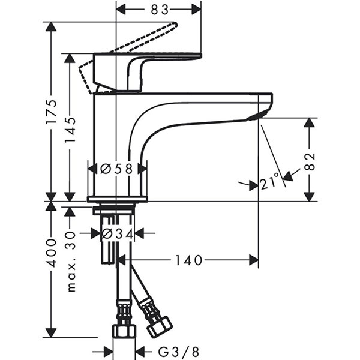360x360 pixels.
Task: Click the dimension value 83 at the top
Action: pyautogui.click(x=158, y=10)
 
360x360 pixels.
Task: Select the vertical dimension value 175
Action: pyautogui.click(x=52, y=111)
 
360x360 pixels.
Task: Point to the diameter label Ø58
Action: pyautogui.click(x=117, y=169)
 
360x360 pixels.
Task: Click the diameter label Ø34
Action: pyautogui.click(x=117, y=233)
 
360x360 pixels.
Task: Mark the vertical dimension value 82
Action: pyautogui.click(x=310, y=160)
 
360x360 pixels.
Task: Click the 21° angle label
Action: pyautogui.click(x=269, y=182)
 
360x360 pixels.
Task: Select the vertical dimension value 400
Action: pyautogui.click(x=52, y=252)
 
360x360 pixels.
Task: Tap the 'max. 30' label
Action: pyautogui.click(x=71, y=261)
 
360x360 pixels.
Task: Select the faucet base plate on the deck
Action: pyautogui.click(x=117, y=199)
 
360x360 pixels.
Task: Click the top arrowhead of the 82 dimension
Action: pyautogui.click(x=310, y=122)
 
